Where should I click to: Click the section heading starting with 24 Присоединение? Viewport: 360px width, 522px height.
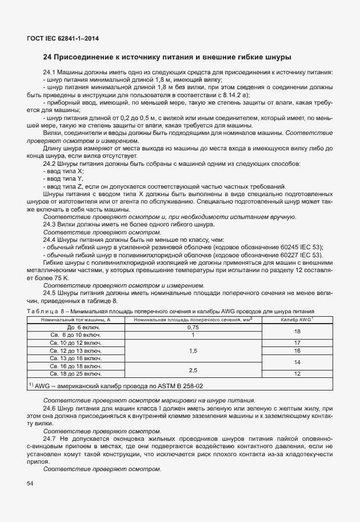point(167,57)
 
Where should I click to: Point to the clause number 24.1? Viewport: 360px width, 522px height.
point(50,73)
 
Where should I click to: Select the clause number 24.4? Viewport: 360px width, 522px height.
point(50,240)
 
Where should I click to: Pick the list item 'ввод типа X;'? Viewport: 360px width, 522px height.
point(64,171)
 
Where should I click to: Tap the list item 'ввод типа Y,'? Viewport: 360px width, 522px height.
point(64,179)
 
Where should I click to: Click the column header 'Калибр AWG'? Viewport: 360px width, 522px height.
point(297,320)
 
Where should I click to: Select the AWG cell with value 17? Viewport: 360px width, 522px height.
point(297,342)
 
